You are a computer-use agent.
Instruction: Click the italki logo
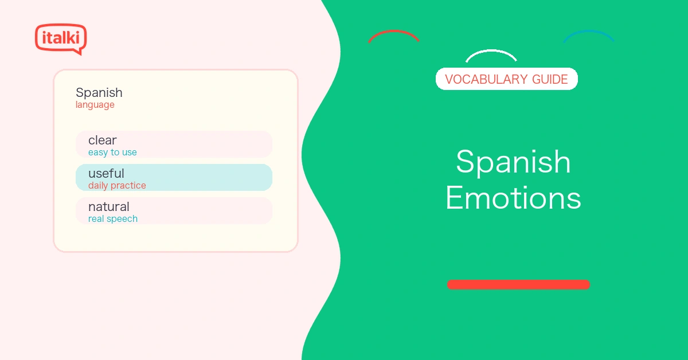coord(61,39)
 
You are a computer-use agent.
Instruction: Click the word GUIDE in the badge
coord(550,79)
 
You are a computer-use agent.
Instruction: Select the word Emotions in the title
coord(513,198)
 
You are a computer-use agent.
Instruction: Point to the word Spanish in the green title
coord(513,163)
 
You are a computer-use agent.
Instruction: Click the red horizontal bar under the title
coord(518,284)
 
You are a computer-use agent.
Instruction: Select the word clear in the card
coord(102,140)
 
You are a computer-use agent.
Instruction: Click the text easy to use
coord(112,152)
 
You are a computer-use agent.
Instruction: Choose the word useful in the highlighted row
coord(106,173)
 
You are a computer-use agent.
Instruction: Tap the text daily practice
coord(117,186)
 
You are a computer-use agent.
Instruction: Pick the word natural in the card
coord(109,207)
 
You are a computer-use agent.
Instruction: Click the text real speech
coord(113,219)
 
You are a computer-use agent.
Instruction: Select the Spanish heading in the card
coord(99,93)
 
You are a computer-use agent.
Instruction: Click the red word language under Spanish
coord(95,105)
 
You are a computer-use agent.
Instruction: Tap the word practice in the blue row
coord(128,186)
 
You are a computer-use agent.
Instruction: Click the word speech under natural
coord(122,219)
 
